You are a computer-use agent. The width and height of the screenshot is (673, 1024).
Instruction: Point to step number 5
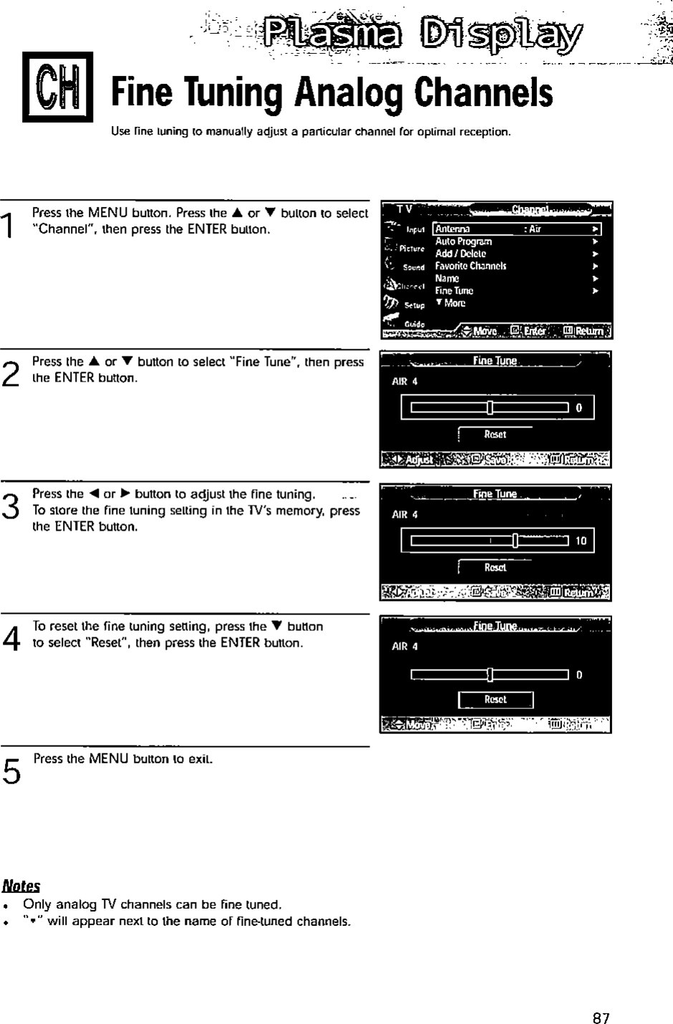[x=11, y=771]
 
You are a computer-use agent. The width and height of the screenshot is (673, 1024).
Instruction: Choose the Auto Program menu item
[x=463, y=241]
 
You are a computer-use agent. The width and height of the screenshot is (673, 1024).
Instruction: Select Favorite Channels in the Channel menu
[x=470, y=266]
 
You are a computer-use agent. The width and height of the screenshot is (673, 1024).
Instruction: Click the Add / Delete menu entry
[x=460, y=253]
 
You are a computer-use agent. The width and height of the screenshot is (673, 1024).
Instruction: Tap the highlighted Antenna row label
[x=452, y=229]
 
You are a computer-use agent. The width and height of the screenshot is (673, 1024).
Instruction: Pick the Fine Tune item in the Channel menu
[x=454, y=291]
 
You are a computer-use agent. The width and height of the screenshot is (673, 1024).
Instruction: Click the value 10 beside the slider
[x=581, y=541]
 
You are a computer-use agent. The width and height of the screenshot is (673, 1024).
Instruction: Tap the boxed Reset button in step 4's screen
[x=495, y=700]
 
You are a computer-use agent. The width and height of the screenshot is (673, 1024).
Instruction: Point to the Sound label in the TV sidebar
[x=414, y=267]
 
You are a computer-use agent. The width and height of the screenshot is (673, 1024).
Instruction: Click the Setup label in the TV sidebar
[x=415, y=304]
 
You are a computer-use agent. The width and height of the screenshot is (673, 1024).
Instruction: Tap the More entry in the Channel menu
[x=452, y=303]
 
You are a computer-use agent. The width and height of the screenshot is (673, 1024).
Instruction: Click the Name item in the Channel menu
[x=447, y=279]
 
